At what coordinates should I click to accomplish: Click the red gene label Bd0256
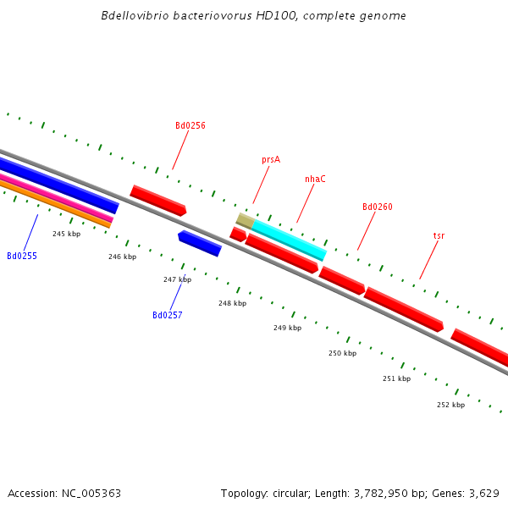click(x=190, y=125)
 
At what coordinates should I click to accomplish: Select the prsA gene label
click(x=271, y=159)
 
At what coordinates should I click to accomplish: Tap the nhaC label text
click(x=315, y=179)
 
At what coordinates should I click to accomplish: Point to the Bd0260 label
click(x=378, y=207)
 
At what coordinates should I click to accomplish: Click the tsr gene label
click(x=439, y=235)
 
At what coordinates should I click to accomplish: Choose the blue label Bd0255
click(x=22, y=256)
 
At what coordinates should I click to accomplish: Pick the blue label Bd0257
click(x=168, y=315)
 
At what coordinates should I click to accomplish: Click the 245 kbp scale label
click(x=66, y=234)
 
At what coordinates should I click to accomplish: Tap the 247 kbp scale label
click(x=177, y=279)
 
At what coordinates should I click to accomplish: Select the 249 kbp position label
click(x=287, y=328)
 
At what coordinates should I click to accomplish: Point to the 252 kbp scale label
click(x=450, y=405)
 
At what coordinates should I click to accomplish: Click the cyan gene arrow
click(x=289, y=240)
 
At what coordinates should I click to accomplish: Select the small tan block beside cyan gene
click(x=245, y=220)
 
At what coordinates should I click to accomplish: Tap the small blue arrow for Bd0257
click(x=200, y=243)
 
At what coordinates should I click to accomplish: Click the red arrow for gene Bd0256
click(x=157, y=200)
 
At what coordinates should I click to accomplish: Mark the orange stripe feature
click(x=51, y=203)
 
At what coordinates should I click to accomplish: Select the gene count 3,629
click(x=482, y=493)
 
